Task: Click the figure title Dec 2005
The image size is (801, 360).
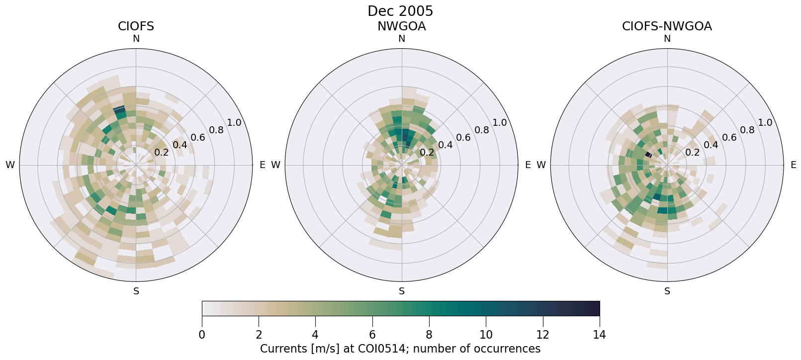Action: pyautogui.click(x=400, y=11)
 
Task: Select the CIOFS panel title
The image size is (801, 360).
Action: pyautogui.click(x=136, y=26)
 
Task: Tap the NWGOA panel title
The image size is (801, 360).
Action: pyautogui.click(x=401, y=26)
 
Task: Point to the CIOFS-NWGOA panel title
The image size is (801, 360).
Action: pyautogui.click(x=667, y=26)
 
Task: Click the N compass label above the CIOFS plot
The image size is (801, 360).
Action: pyautogui.click(x=136, y=39)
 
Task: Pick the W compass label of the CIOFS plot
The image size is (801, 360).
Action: pyautogui.click(x=10, y=165)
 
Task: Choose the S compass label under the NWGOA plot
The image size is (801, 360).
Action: pyautogui.click(x=402, y=291)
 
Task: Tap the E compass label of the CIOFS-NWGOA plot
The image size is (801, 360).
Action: pyautogui.click(x=793, y=165)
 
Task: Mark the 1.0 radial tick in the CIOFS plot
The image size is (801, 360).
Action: pyautogui.click(x=234, y=123)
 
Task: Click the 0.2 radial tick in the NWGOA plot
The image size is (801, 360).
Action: pyautogui.click(x=427, y=152)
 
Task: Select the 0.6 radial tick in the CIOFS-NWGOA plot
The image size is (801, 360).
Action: pyautogui.click(x=729, y=137)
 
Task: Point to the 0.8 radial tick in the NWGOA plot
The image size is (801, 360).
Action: pyautogui.click(x=481, y=130)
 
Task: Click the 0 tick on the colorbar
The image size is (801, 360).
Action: pyautogui.click(x=202, y=335)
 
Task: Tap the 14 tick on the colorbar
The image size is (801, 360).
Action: pyautogui.click(x=599, y=335)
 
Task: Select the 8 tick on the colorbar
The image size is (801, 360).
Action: pyautogui.click(x=429, y=335)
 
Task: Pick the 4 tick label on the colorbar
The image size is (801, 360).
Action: pyautogui.click(x=315, y=335)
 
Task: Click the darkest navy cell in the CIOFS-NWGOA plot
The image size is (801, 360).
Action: pyautogui.click(x=648, y=155)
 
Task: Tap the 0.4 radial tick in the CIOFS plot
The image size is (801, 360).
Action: pyautogui.click(x=180, y=145)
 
